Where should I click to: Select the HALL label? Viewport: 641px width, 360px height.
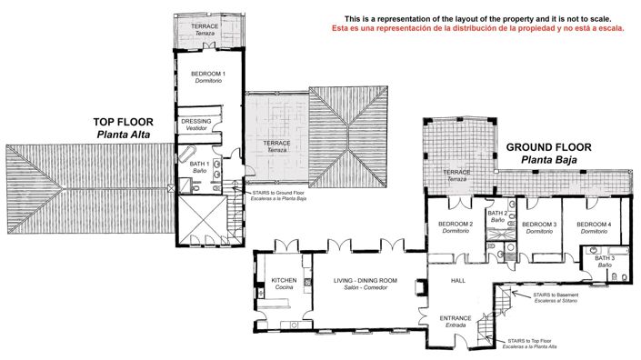(x=458, y=281)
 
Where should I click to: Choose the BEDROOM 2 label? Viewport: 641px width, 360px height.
(x=456, y=225)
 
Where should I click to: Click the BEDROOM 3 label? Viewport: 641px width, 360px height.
(x=540, y=225)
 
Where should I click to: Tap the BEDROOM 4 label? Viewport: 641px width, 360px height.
(x=594, y=225)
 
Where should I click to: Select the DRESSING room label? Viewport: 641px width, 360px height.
(x=197, y=122)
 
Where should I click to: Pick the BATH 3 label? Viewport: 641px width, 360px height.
(x=605, y=259)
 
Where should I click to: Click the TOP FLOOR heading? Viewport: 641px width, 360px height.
(x=123, y=121)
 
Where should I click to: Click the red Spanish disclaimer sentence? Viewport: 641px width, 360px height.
(x=478, y=28)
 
